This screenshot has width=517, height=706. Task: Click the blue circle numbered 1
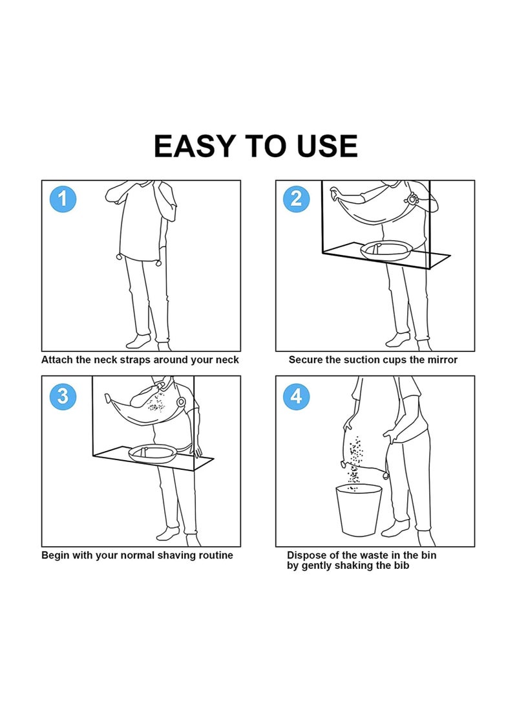tap(63, 199)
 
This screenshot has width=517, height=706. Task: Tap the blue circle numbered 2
tap(296, 199)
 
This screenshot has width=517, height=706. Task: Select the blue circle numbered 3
tap(63, 396)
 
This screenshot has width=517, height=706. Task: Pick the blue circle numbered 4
tap(296, 396)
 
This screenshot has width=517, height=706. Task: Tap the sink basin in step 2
tap(386, 250)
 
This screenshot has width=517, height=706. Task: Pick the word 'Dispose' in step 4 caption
tap(306, 555)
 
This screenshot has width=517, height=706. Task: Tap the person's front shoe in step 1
tap(138, 342)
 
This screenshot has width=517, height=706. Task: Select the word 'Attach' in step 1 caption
tap(57, 360)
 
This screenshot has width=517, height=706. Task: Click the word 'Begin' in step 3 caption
tap(55, 555)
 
